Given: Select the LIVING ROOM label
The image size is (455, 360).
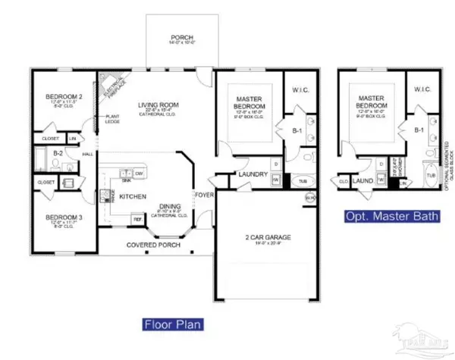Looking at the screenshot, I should click(157, 105).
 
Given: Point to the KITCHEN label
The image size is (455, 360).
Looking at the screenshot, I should click(133, 196).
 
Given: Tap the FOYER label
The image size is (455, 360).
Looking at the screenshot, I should click(204, 194).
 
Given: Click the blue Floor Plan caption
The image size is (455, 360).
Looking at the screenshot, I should click(173, 324).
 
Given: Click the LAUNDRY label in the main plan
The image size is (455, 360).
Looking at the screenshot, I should click(251, 175).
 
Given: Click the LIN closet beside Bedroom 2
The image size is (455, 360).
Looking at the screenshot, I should click(74, 139).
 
